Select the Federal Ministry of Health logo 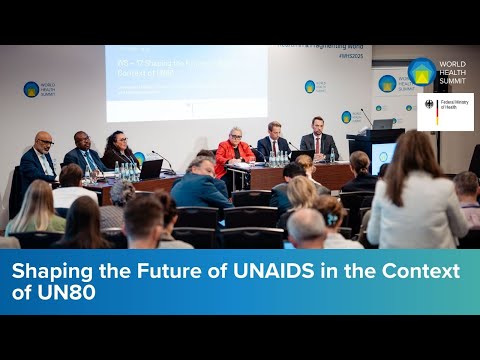(446, 111)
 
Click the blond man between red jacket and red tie (274, 143)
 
